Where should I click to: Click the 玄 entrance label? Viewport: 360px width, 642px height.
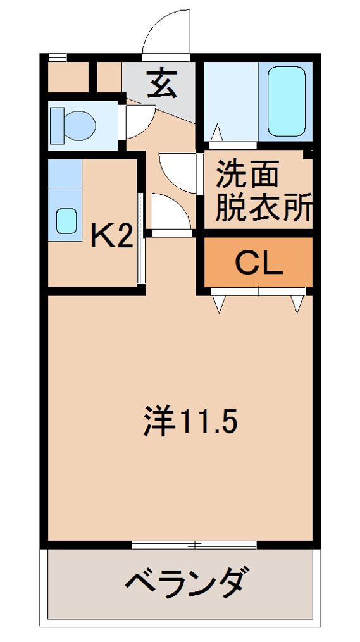click(x=162, y=83)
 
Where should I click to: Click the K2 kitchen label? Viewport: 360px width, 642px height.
click(x=111, y=237)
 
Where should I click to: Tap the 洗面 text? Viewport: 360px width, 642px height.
click(x=247, y=173)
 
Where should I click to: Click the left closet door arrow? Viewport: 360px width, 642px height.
click(x=219, y=304)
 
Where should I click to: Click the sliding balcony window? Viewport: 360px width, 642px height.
click(x=194, y=545)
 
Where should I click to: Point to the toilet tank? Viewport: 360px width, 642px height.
click(x=56, y=126)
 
